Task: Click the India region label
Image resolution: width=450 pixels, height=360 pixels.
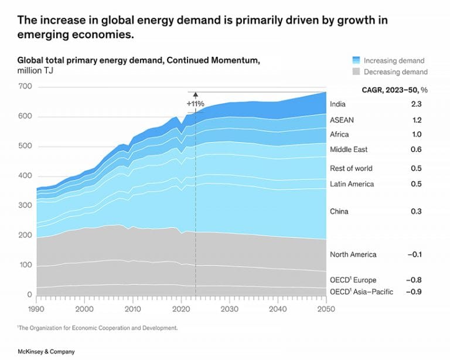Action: [x=337, y=104]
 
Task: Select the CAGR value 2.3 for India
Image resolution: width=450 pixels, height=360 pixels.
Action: [x=416, y=104]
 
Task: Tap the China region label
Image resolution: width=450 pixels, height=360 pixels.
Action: [x=339, y=211]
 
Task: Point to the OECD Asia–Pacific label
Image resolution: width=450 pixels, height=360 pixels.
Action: [x=362, y=292]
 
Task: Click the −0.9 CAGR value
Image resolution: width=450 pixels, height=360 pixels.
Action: [x=415, y=292]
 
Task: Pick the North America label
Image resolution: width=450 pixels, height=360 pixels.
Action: [x=353, y=254]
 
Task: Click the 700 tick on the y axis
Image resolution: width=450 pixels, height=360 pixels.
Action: [x=25, y=87]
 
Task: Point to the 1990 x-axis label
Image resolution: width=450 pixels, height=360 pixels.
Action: [x=36, y=308]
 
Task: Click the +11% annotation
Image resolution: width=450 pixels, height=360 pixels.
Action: [x=195, y=104]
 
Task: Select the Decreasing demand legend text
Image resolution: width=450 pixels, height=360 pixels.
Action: [x=396, y=72]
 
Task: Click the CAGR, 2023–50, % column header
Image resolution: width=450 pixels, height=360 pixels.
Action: [x=394, y=89]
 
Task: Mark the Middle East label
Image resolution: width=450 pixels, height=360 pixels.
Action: [x=349, y=150]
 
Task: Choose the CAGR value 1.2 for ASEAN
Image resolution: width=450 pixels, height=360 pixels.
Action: [x=416, y=120]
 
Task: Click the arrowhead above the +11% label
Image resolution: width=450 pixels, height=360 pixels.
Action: [x=195, y=94]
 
